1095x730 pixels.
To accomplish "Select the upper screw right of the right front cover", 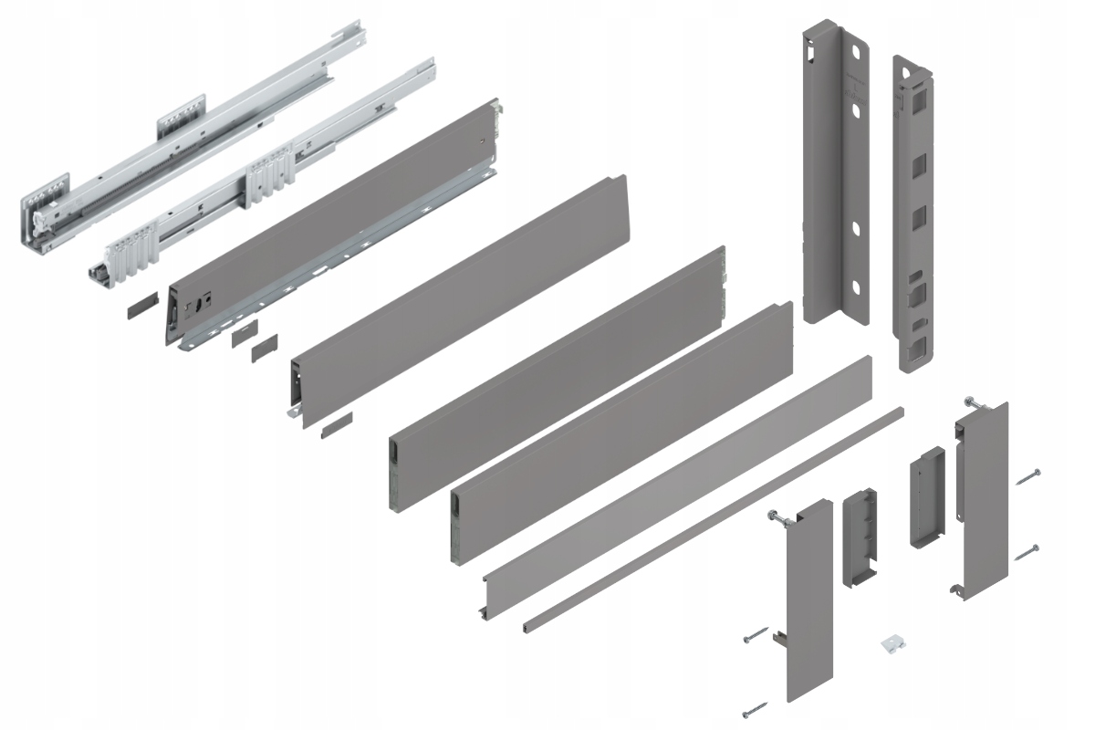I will click(x=1027, y=475).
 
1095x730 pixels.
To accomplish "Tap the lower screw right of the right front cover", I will click(x=1027, y=549).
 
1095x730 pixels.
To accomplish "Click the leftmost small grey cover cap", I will click(x=141, y=305).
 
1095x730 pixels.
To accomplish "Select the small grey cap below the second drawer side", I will click(x=336, y=422).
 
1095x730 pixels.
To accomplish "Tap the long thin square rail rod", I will click(x=712, y=519).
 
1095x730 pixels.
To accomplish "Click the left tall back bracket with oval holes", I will click(x=832, y=173).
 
